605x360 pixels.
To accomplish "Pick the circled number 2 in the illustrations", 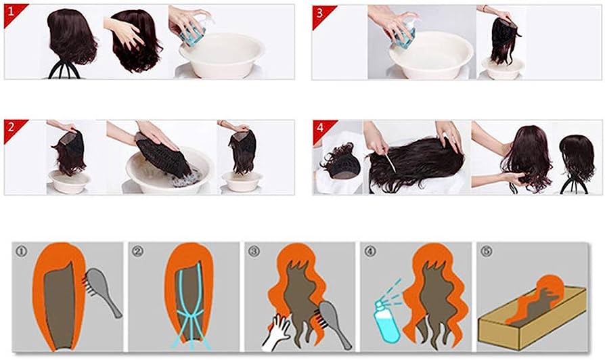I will coord(137,251).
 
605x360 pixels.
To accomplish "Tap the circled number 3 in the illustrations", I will coord(254,251).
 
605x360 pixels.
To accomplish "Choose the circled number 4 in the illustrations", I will coord(370,251).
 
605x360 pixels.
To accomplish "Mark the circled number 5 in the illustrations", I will coord(486,251).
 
